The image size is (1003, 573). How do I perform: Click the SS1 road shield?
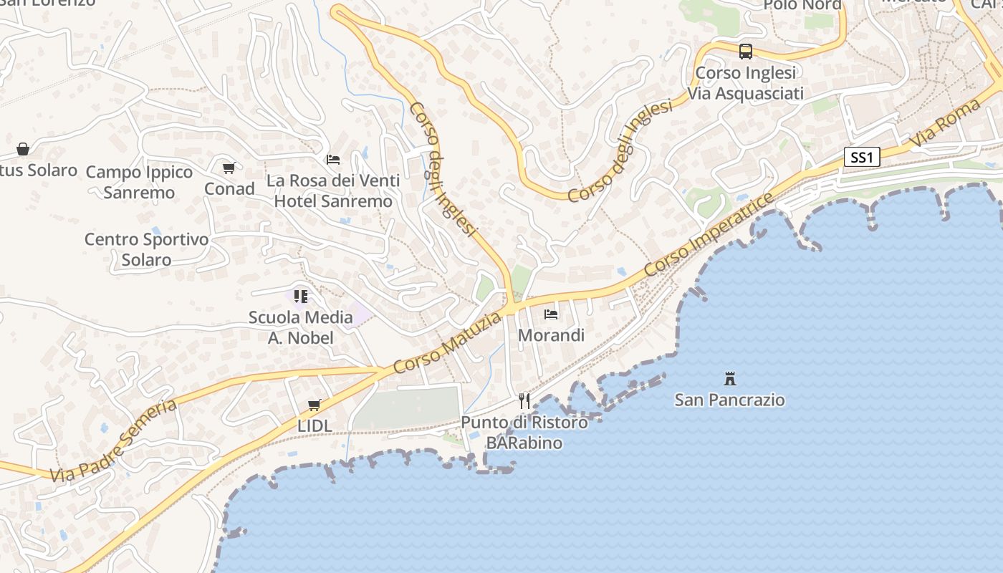pos(862,158)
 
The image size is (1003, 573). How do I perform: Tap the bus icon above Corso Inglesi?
pos(746,52)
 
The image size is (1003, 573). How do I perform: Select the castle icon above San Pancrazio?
pos(730,379)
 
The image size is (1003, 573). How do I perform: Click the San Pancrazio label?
pos(730,400)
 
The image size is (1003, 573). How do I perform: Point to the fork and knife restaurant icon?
pos(524,401)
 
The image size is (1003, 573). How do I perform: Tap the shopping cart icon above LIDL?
pos(314,405)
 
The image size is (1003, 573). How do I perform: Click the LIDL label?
pos(315,425)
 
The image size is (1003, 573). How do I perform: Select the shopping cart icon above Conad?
pos(229,168)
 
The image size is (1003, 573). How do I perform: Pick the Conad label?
pos(229,188)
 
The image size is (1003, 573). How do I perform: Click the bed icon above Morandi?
pos(551,314)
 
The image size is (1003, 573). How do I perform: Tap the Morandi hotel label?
pos(551,334)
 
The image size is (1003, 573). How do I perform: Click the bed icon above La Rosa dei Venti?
pos(333,159)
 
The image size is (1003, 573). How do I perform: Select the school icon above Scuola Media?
pos(301,297)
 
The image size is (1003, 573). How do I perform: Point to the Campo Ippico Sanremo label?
pos(139,182)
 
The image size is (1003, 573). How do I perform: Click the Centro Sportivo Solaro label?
pos(146,249)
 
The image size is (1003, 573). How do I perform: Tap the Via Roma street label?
pos(946,123)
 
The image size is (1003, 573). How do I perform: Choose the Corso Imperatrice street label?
pos(709,234)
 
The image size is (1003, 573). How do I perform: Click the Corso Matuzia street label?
pos(448,342)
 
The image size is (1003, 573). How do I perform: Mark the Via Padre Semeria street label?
pos(114,440)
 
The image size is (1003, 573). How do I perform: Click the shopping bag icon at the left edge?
pos(23,149)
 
